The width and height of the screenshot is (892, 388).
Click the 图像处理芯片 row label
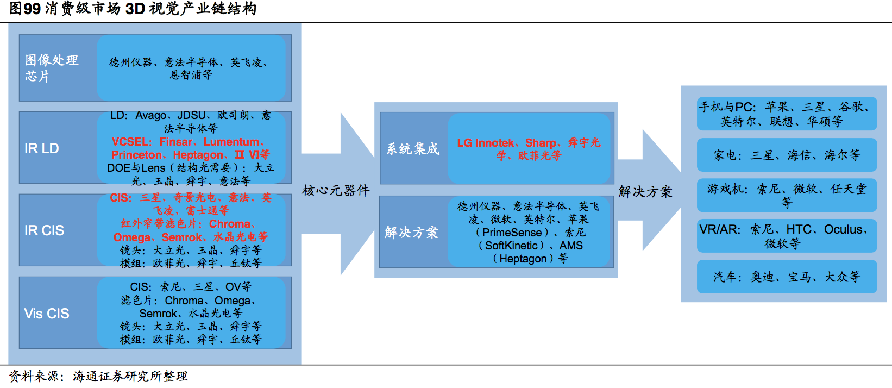(52, 68)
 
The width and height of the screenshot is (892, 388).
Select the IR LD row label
(42, 148)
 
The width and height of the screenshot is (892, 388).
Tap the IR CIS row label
(44, 230)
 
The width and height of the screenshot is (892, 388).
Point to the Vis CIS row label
(47, 314)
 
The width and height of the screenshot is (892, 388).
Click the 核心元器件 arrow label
(336, 190)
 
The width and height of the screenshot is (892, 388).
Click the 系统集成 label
(413, 148)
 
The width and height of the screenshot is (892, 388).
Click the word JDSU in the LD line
(191, 116)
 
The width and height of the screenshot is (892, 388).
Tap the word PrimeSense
(512, 233)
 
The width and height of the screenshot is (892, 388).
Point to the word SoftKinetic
(511, 246)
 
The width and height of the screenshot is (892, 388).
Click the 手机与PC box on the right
(787, 114)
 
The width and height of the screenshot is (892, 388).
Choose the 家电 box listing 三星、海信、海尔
(787, 155)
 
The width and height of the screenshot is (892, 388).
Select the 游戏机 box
(787, 195)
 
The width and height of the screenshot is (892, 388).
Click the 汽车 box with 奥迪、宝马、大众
(787, 277)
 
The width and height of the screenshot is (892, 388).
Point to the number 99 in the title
(32, 9)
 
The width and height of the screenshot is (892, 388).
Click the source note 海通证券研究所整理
(130, 376)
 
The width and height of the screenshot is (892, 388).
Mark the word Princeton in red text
(136, 155)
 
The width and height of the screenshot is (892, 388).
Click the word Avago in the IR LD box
(151, 116)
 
